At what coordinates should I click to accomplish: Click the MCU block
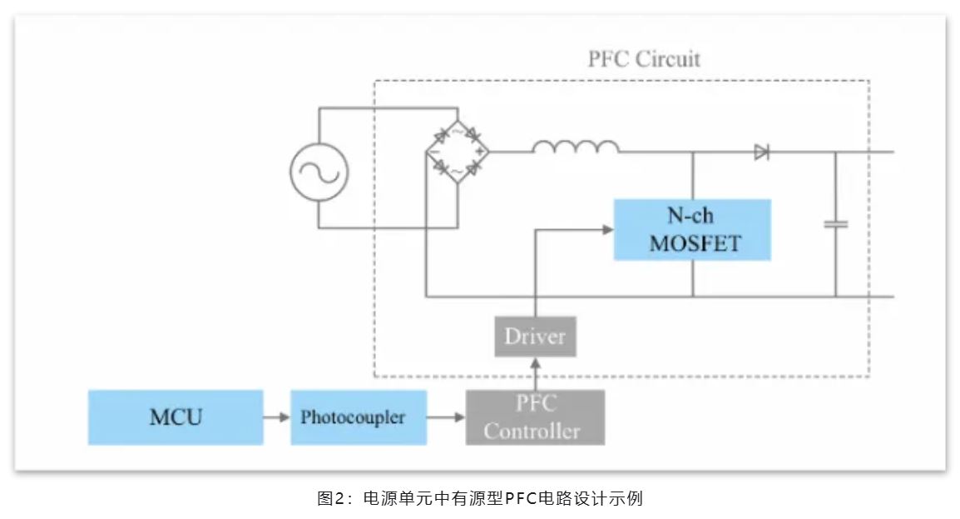tap(176, 417)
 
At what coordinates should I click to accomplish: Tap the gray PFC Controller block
tap(535, 417)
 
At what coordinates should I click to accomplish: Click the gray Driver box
tap(535, 337)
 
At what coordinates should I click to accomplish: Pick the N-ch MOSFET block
tap(692, 230)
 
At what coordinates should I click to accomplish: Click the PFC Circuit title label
tap(644, 60)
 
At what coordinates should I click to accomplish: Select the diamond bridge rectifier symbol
tap(457, 151)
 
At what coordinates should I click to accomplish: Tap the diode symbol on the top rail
tap(761, 152)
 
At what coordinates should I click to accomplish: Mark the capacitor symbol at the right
tap(835, 224)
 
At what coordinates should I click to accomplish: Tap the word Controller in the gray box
tap(532, 432)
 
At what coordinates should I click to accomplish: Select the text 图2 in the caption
tap(328, 499)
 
